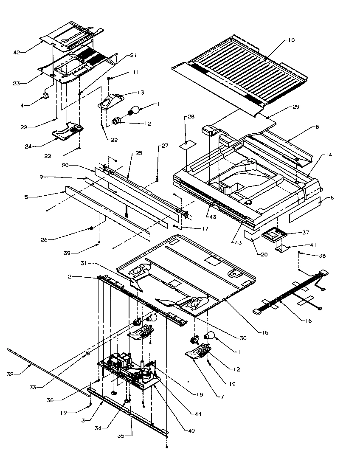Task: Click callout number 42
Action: [17, 52]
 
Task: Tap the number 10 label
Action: [291, 40]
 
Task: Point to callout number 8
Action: [317, 127]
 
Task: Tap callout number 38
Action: [322, 256]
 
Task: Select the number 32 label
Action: [10, 374]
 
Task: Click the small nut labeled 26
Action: [91, 229]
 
